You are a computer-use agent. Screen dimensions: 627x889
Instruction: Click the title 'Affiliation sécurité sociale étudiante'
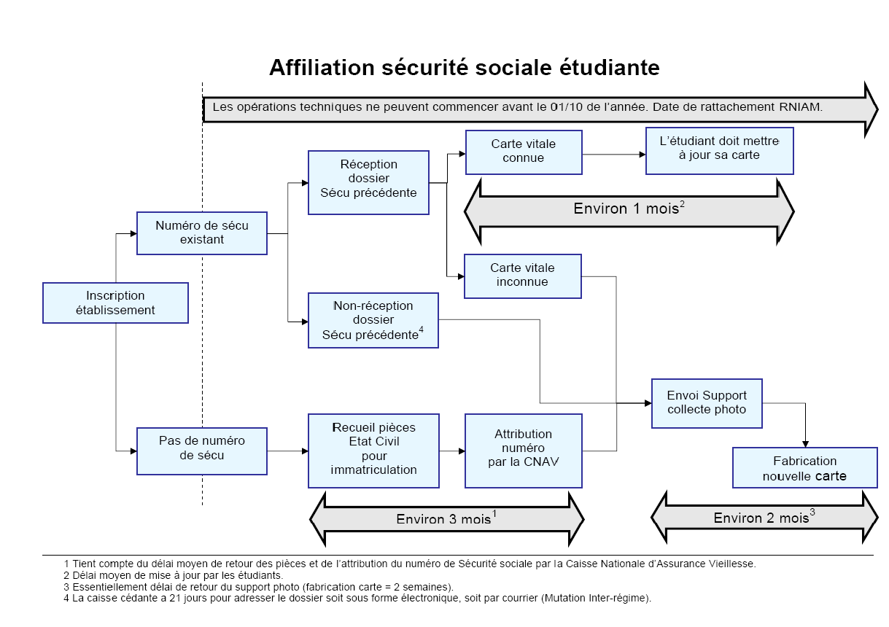click(464, 68)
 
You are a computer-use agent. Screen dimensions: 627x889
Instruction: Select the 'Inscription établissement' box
click(115, 303)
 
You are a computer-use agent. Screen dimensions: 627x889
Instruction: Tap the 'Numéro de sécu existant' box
click(201, 233)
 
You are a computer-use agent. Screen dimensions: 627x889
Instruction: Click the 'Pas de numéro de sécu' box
click(201, 448)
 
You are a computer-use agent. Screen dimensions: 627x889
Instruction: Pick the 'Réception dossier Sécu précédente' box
click(368, 182)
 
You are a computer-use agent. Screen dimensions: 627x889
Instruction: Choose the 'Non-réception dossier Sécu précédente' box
click(373, 320)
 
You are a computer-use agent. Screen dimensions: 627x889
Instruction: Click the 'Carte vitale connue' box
click(523, 152)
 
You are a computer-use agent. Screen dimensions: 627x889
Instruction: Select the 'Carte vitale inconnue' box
click(523, 276)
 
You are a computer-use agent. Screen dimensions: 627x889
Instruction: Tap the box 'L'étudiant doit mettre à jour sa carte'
click(719, 151)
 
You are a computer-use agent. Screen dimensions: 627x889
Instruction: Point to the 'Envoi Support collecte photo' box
click(706, 402)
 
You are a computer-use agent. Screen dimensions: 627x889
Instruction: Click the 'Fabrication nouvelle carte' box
click(804, 468)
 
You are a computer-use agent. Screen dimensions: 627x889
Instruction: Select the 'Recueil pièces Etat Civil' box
click(373, 451)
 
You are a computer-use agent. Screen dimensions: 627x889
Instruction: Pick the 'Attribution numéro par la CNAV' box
click(523, 451)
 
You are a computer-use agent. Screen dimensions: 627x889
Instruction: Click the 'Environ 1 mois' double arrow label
click(629, 210)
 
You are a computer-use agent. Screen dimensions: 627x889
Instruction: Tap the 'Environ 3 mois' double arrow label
click(446, 519)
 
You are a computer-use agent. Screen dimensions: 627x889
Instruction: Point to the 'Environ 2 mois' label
click(764, 518)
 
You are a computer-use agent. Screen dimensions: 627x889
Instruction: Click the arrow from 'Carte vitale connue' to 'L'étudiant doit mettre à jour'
click(614, 155)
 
